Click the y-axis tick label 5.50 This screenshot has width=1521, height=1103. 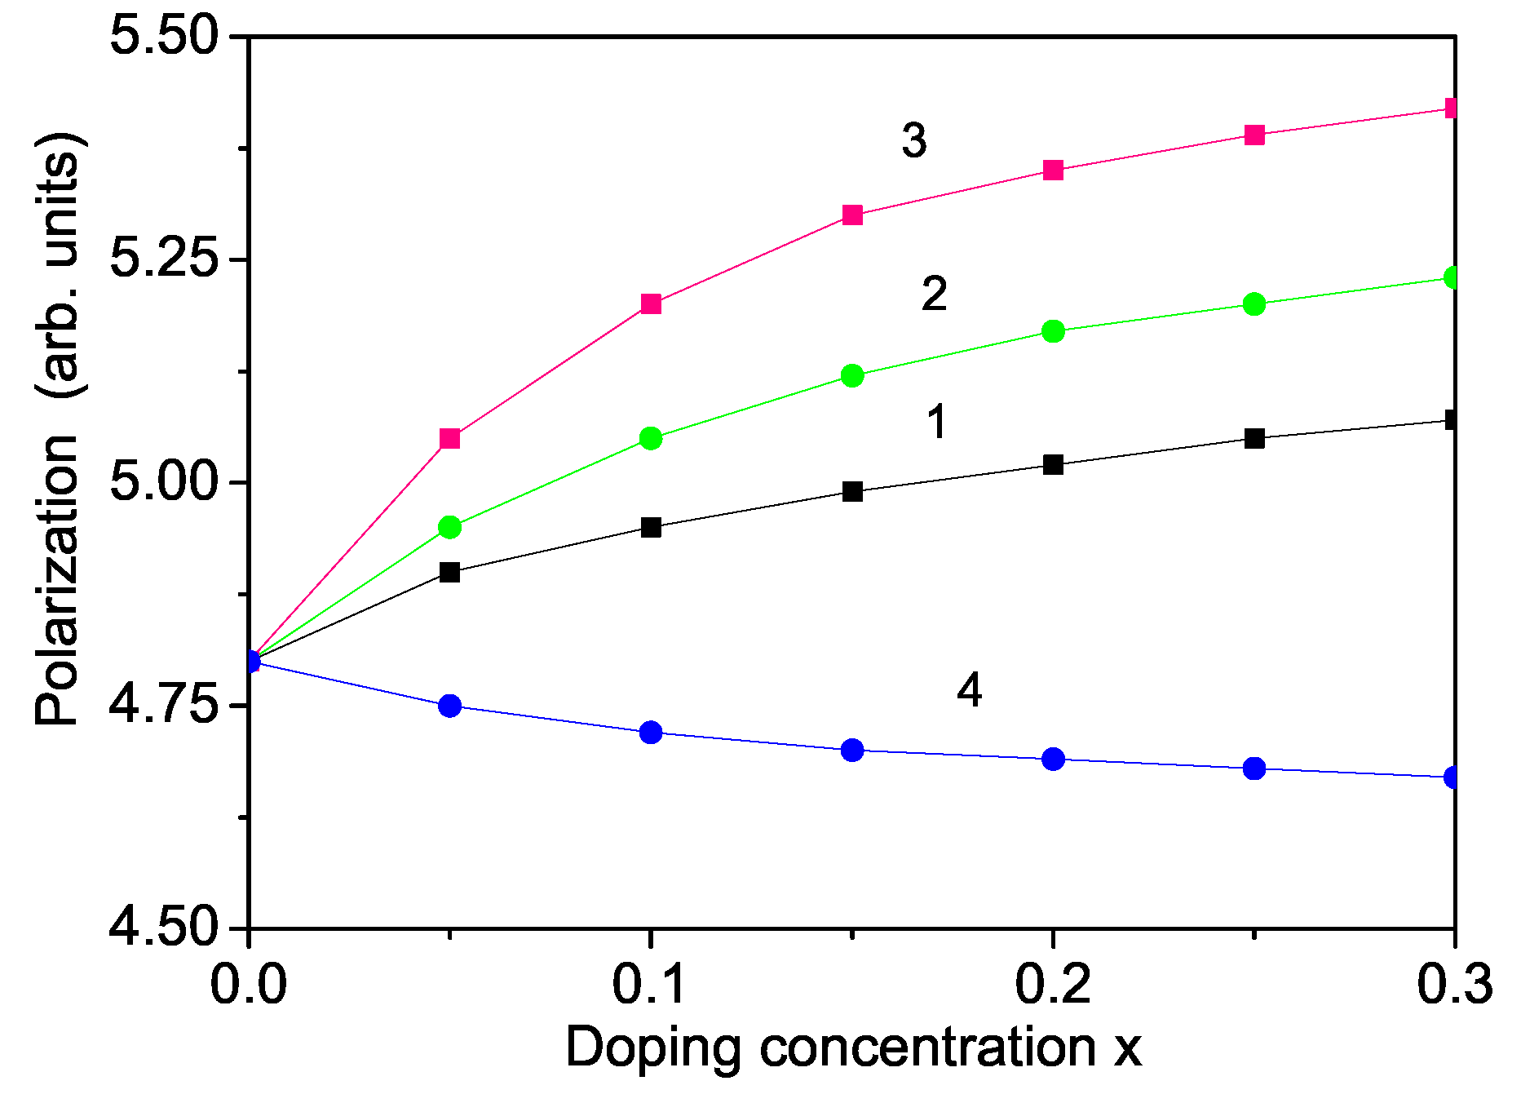[x=165, y=38]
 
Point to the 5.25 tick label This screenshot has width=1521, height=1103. [x=165, y=260]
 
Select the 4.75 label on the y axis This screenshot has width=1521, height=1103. [x=165, y=706]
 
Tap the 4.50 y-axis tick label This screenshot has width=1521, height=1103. [x=165, y=928]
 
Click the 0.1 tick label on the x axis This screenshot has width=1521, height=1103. [x=650, y=984]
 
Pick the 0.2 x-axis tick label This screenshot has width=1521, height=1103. [x=1053, y=984]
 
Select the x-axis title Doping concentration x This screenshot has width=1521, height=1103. [x=853, y=1048]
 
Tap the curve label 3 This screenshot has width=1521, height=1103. [x=914, y=140]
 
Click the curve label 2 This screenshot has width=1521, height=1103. [x=934, y=294]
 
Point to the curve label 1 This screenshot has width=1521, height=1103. [x=937, y=423]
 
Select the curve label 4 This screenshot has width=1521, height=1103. [x=969, y=691]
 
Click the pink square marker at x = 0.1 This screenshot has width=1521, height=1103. [x=651, y=304]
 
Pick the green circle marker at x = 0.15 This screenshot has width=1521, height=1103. [x=852, y=376]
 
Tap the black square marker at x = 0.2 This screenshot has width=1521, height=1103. [x=1053, y=465]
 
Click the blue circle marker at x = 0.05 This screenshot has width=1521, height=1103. [x=450, y=706]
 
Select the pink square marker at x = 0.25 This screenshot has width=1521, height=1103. [x=1254, y=135]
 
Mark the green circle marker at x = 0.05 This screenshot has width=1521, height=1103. [x=450, y=528]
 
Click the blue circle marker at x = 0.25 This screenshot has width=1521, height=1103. [x=1254, y=769]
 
